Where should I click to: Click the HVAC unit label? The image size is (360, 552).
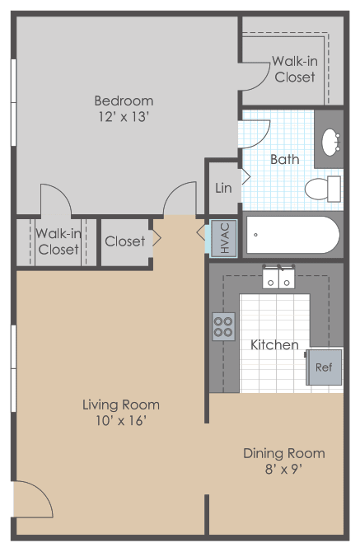click(x=225, y=238)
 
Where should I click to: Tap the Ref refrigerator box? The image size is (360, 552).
click(x=324, y=367)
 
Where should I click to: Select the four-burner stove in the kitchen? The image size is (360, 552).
click(x=224, y=327)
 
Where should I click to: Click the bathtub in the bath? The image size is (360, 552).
click(x=292, y=235)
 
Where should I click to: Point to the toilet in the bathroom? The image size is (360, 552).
click(x=323, y=189)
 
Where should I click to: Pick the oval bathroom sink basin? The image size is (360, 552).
click(x=331, y=143)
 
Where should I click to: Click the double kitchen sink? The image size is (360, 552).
click(x=278, y=277)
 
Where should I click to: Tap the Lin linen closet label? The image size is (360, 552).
click(x=223, y=188)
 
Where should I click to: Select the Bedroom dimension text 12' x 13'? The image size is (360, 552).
click(x=124, y=116)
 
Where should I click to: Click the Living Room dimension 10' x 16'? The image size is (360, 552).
click(x=121, y=420)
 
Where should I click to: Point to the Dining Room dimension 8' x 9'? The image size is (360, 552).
click(x=284, y=469)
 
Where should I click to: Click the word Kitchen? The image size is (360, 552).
click(x=274, y=344)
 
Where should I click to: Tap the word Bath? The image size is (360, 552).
click(x=285, y=160)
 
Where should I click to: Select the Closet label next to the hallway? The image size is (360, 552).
click(x=125, y=241)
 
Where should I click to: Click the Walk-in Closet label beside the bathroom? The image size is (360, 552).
click(x=295, y=69)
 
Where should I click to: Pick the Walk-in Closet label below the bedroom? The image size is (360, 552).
click(x=58, y=241)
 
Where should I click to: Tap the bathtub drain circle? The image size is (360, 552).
click(x=256, y=235)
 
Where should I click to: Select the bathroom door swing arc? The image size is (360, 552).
click(x=262, y=138)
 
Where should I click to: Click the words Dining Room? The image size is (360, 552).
click(x=284, y=453)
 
